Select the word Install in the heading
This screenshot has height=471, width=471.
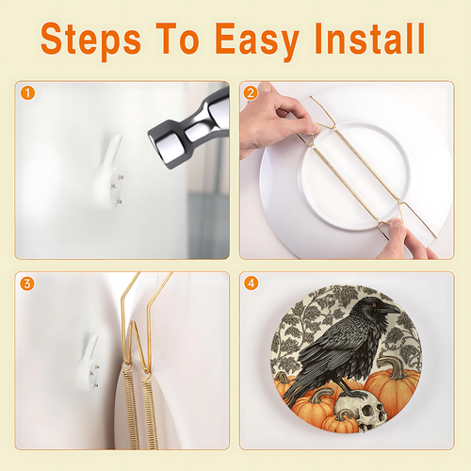(370, 39)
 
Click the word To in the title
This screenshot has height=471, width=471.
(177, 39)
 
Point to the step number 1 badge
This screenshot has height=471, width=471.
(27, 93)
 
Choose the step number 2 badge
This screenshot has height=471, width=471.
(251, 93)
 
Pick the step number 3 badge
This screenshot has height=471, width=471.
(27, 284)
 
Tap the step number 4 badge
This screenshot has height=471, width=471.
(251, 284)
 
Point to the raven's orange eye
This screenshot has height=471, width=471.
(374, 304)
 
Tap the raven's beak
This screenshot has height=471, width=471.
(389, 309)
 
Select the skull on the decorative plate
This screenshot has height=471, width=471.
(361, 410)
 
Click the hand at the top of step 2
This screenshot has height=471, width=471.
(276, 121)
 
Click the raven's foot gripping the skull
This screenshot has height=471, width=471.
(353, 392)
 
